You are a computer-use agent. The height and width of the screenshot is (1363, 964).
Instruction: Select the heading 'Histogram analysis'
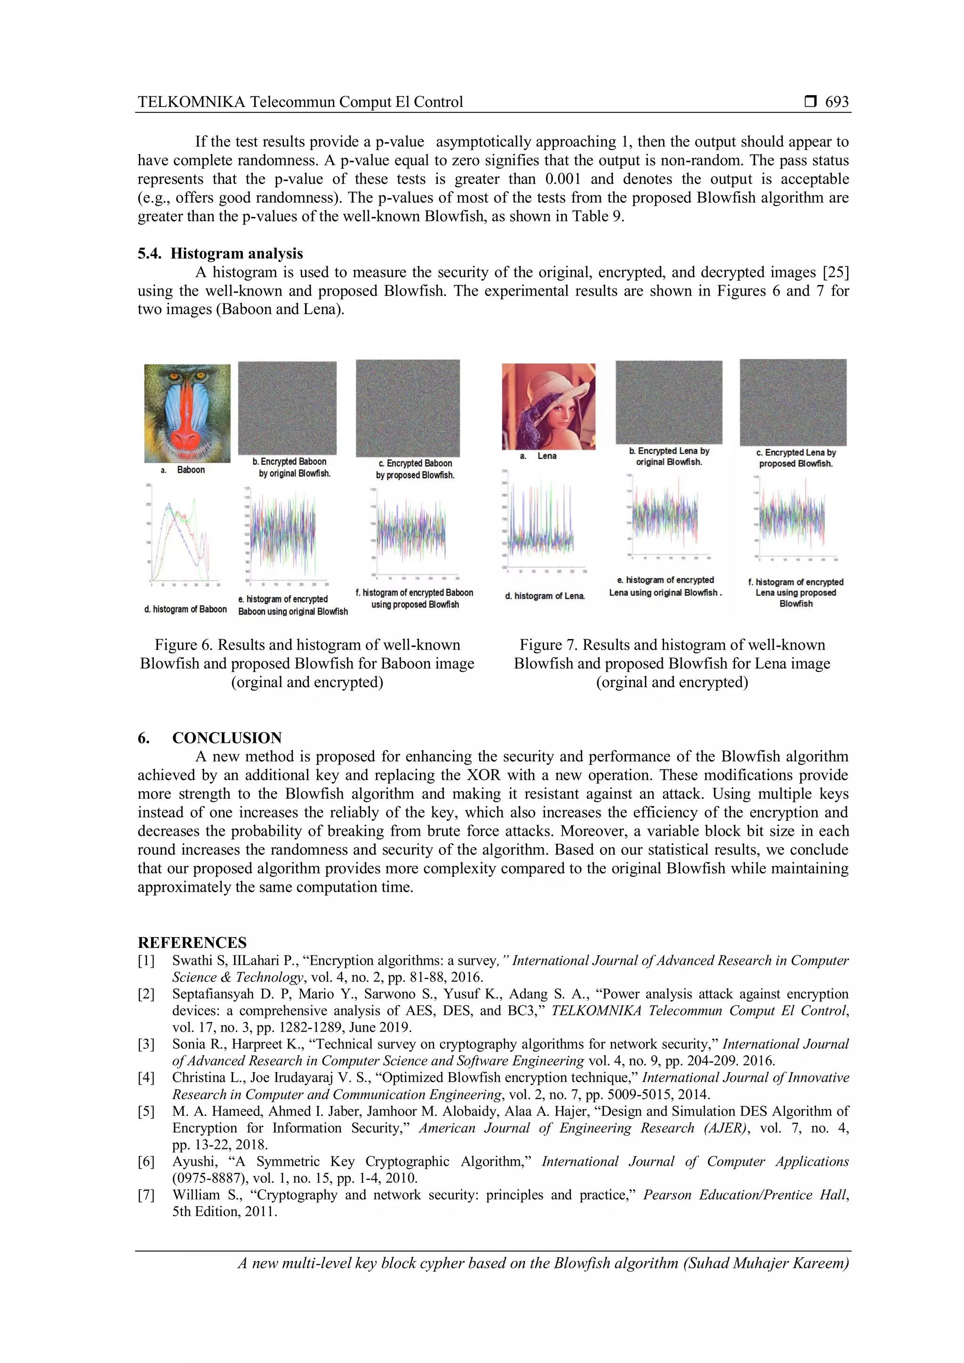point(236,254)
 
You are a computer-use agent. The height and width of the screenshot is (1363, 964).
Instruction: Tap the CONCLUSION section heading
point(227,738)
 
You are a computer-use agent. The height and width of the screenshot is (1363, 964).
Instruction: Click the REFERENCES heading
point(192,943)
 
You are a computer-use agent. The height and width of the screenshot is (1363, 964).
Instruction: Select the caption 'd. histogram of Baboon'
point(185,609)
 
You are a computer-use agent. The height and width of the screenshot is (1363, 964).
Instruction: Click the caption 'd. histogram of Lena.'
point(545,596)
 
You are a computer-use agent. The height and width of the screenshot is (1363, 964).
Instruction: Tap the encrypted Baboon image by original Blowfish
point(287,408)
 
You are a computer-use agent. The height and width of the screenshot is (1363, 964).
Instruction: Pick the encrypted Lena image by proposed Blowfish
point(793,402)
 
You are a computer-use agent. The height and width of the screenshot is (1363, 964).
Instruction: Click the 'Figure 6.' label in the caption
point(184,645)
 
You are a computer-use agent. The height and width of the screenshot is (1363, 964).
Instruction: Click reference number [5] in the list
point(146,1111)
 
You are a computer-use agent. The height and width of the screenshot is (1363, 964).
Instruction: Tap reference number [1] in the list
point(146,961)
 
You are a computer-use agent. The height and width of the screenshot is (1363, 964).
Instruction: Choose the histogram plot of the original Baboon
point(185,534)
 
